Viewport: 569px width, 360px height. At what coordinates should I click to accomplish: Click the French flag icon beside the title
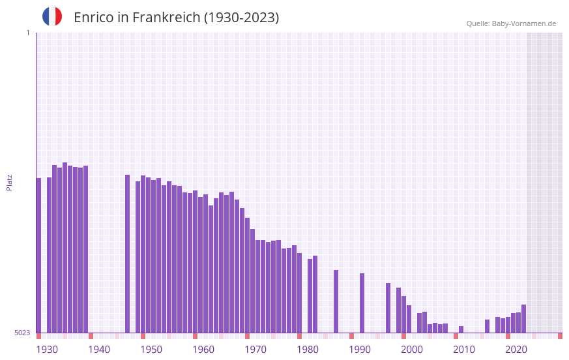tap(52, 16)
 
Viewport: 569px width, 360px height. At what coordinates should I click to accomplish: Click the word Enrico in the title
tap(93, 18)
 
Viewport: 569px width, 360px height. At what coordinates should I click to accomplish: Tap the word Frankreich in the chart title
tap(166, 18)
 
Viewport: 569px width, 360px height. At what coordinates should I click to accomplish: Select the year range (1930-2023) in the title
tap(241, 18)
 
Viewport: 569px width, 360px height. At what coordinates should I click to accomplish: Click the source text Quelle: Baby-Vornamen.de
tap(511, 23)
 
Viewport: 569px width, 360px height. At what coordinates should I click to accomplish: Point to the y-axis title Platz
tap(9, 182)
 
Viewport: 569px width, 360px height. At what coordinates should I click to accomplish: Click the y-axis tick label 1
tap(27, 33)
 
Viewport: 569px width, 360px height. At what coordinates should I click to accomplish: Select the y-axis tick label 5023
tap(22, 333)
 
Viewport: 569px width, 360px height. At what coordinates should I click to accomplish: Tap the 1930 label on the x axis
tap(47, 350)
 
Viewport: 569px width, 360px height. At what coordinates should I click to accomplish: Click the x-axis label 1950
tap(151, 350)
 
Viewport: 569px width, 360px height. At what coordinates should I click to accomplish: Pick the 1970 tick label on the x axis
tap(255, 350)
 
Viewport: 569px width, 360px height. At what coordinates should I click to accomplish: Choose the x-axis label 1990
tap(360, 350)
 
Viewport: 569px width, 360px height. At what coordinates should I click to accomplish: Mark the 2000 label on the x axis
tap(412, 350)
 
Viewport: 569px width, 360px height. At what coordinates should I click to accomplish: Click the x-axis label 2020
tap(516, 350)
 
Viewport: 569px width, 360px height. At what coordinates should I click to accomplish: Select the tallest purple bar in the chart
tap(65, 248)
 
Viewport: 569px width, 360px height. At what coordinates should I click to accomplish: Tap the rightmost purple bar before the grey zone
tap(523, 319)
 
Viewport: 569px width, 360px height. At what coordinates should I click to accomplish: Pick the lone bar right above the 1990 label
tap(362, 303)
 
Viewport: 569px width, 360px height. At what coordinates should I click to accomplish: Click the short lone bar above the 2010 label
tap(461, 329)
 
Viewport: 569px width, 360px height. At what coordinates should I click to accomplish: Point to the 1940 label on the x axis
tap(99, 350)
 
